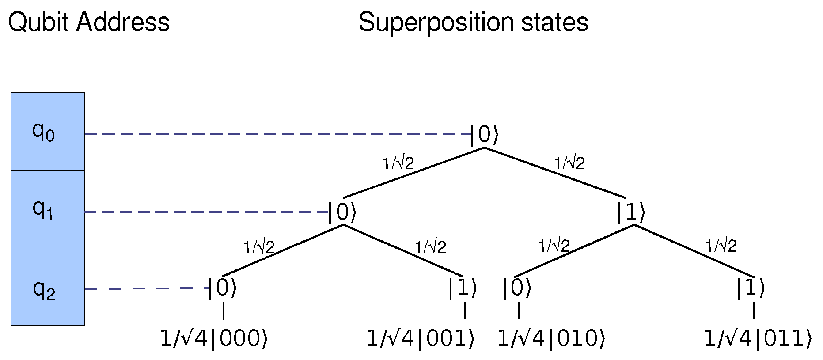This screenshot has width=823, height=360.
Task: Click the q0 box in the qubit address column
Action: tap(48, 131)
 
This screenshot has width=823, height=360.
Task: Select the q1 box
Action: tap(48, 209)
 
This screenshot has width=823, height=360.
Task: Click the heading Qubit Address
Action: tap(89, 22)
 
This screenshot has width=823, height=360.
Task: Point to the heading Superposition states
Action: tap(473, 22)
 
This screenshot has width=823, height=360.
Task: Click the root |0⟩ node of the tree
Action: tap(485, 135)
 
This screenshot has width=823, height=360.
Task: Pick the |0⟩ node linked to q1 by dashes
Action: tap(342, 212)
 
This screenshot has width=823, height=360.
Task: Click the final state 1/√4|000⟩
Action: tap(214, 339)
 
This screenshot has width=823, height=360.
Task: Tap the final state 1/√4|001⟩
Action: tap(421, 339)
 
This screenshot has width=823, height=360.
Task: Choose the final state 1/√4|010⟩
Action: tap(551, 339)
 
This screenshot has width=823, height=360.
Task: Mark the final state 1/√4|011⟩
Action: tap(758, 339)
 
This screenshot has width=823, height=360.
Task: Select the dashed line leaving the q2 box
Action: tap(146, 288)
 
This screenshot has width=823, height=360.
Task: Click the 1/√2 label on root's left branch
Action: tap(398, 163)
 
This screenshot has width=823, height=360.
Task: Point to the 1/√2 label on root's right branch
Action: tap(569, 163)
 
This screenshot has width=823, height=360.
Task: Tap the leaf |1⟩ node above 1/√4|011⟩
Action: tap(750, 289)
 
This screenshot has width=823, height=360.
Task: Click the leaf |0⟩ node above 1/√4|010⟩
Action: tap(516, 289)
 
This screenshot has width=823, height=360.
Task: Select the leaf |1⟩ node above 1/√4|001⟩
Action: tap(463, 289)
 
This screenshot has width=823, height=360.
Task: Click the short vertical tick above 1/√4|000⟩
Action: tap(224, 311)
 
